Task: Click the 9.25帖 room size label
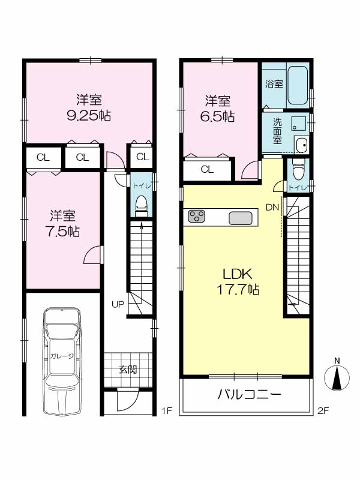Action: [x=89, y=115]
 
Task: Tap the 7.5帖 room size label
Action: [x=63, y=232]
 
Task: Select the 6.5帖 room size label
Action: [x=217, y=116]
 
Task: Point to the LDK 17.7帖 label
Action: [x=238, y=281]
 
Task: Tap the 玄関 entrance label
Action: [x=128, y=370]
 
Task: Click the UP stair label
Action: [x=118, y=304]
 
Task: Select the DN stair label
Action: [x=272, y=208]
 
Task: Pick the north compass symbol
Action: [x=337, y=378]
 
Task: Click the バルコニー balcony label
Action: [x=249, y=395]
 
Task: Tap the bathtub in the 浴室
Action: [x=298, y=85]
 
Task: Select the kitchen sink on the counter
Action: [x=241, y=218]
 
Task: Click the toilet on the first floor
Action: [x=141, y=205]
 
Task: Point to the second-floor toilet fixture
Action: [x=297, y=169]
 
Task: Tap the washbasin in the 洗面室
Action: [x=302, y=145]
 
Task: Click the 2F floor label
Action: [x=323, y=411]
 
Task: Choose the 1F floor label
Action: [x=167, y=411]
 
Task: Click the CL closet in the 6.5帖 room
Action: [x=207, y=170]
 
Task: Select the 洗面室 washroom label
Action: [x=277, y=131]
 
